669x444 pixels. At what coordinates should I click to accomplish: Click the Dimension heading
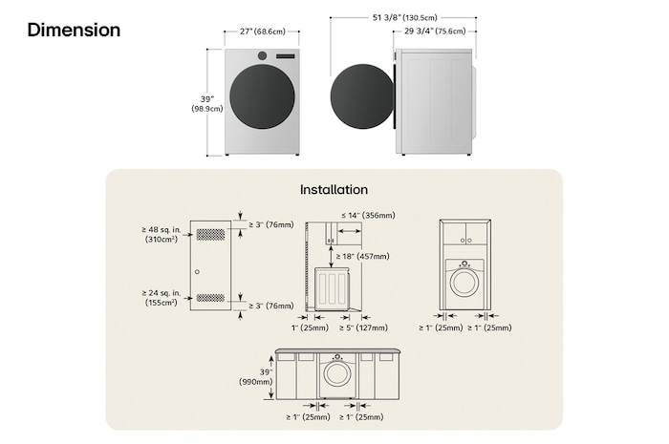(x=74, y=31)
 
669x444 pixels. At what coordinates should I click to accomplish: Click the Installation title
(x=334, y=190)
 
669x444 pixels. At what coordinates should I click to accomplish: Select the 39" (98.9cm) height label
(x=205, y=103)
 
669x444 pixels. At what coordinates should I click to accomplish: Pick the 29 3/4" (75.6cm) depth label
(x=434, y=32)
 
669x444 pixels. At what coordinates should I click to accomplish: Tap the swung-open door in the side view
(x=362, y=97)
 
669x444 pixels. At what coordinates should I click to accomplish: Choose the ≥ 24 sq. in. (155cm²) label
(x=160, y=297)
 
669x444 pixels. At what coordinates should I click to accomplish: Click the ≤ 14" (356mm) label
(x=367, y=216)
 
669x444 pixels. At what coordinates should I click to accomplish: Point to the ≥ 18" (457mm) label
(x=364, y=256)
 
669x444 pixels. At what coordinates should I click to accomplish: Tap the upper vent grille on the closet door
(x=210, y=235)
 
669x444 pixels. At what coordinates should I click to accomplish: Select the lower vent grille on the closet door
(x=210, y=297)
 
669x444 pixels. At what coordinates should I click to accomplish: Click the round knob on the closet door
(x=197, y=272)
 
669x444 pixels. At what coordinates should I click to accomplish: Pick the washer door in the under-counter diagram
(x=334, y=372)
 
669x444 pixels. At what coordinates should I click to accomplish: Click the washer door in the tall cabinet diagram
(x=464, y=282)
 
